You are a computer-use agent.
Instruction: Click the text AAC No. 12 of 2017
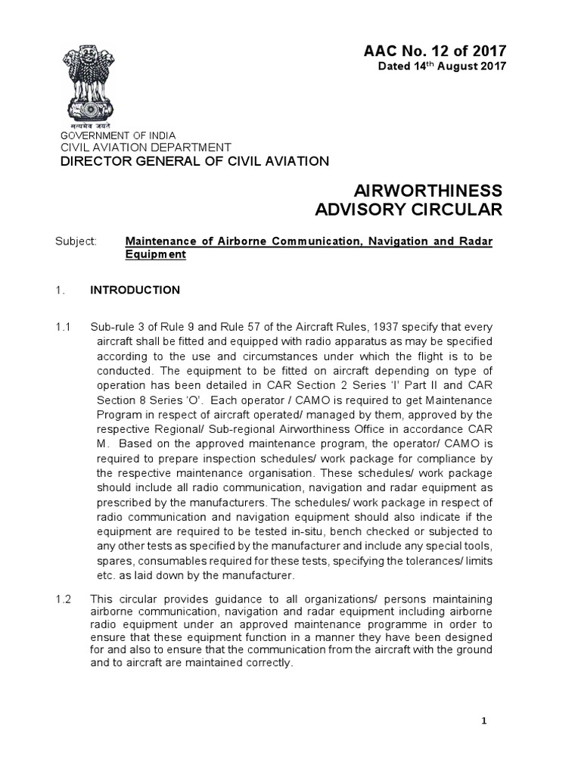[x=436, y=51]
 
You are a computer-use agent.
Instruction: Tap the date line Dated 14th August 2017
[x=442, y=67]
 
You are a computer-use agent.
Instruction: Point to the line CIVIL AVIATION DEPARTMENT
[x=145, y=147]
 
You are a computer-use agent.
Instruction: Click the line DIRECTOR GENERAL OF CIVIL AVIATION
[x=194, y=161]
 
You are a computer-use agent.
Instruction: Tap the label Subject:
[x=76, y=241]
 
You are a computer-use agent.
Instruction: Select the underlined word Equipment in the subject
[x=155, y=255]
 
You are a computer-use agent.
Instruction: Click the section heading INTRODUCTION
[x=135, y=290]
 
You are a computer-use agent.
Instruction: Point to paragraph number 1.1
[x=63, y=327]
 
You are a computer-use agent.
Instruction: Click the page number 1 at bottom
[x=485, y=721]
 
